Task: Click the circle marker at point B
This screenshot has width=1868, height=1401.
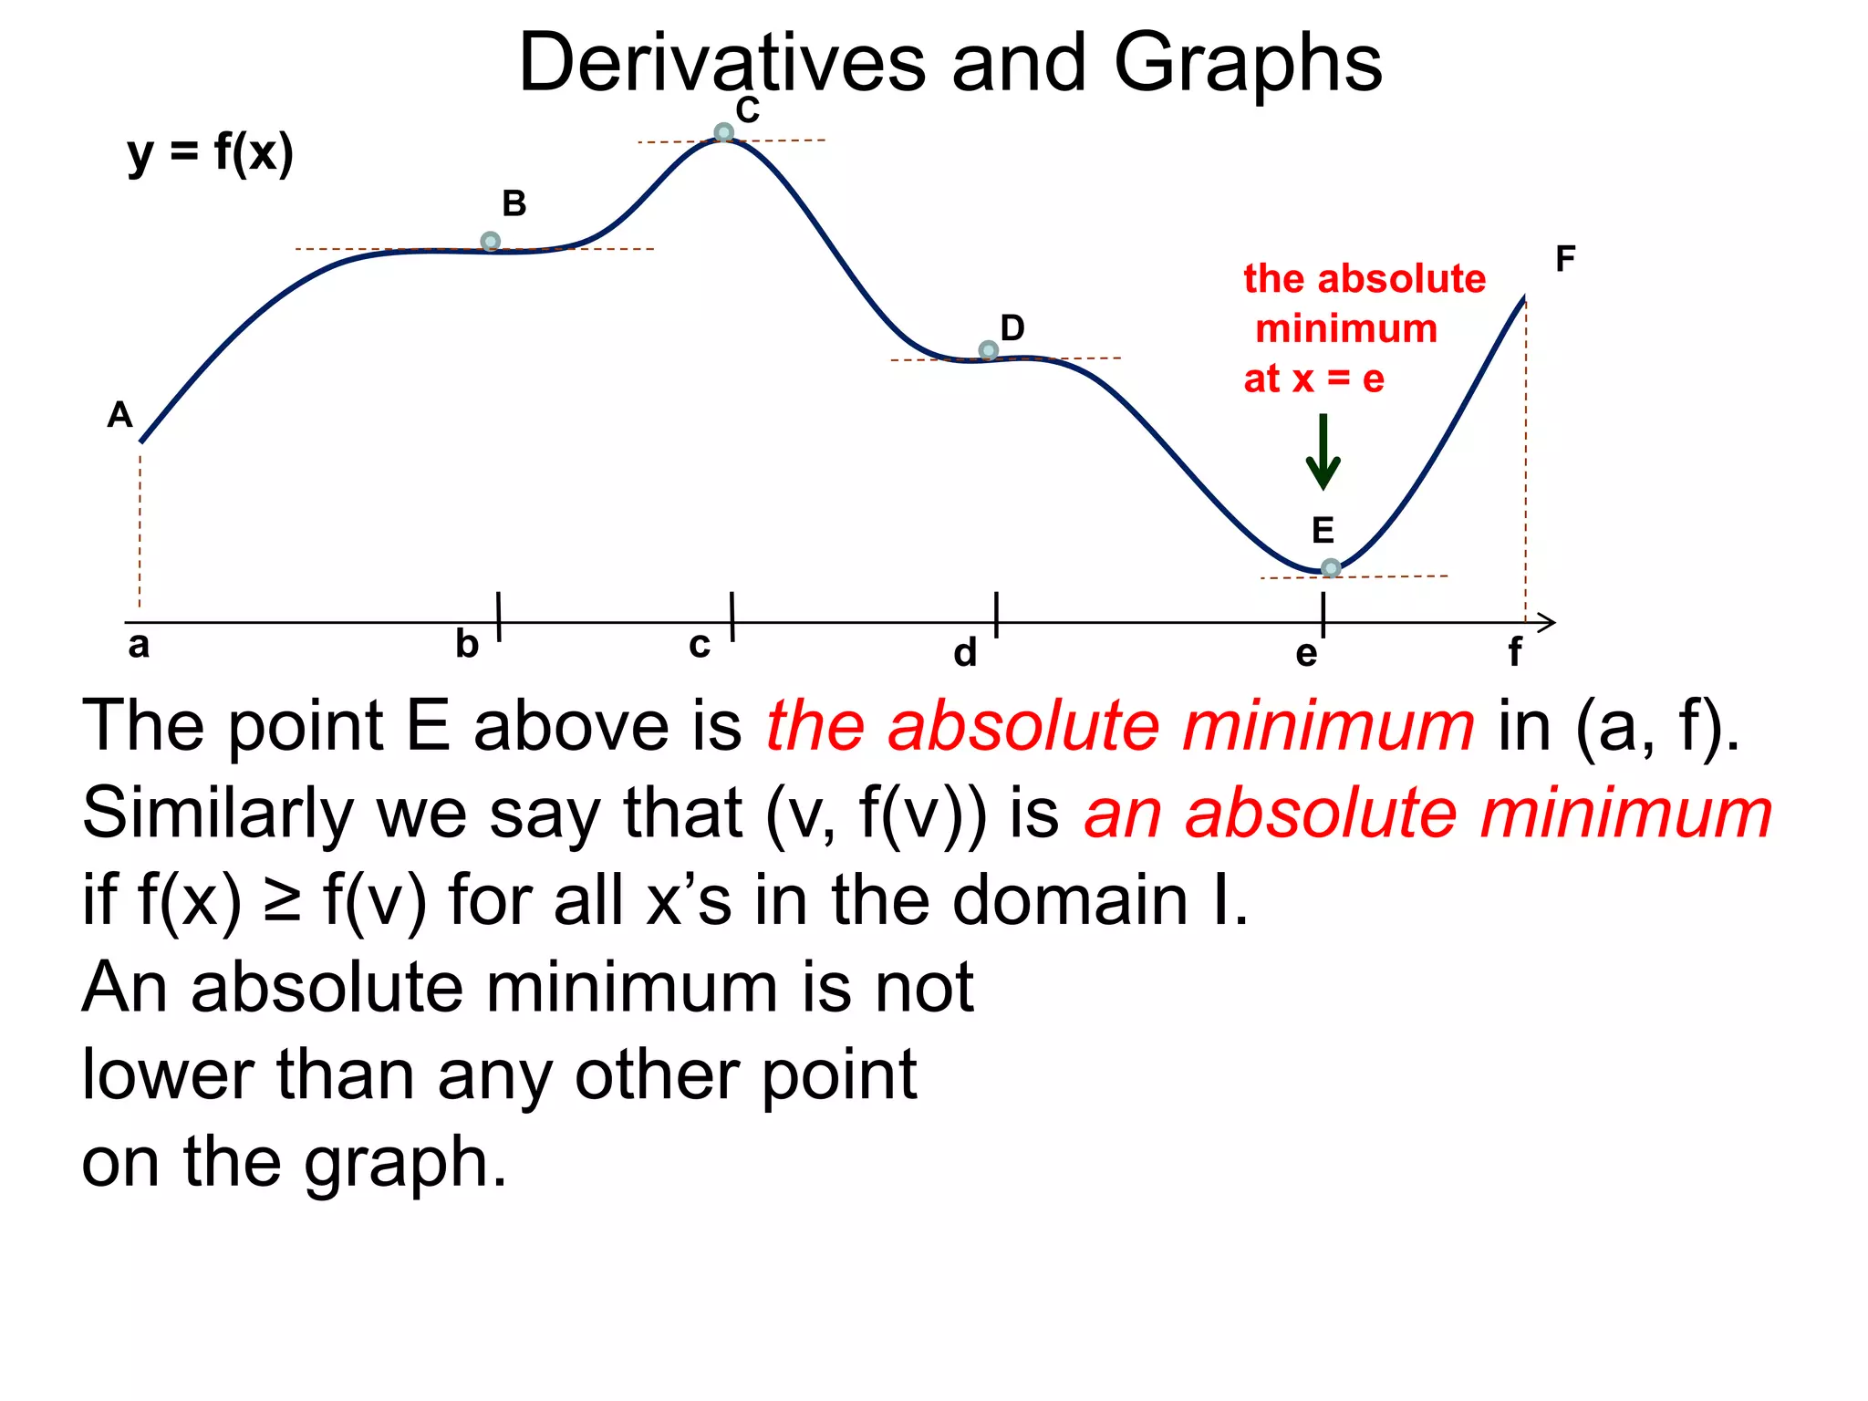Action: pos(490,242)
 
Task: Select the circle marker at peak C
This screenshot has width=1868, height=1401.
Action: pos(723,133)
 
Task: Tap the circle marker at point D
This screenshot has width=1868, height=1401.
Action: pos(988,350)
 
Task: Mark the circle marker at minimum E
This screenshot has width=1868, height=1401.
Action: pos(1331,568)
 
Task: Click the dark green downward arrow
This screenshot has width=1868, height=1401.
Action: pos(1323,452)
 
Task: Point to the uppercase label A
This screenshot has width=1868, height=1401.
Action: pos(119,415)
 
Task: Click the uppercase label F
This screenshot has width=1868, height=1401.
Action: pos(1565,259)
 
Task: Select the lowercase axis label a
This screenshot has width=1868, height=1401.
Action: pos(139,645)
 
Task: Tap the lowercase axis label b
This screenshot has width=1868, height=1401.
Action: pos(467,645)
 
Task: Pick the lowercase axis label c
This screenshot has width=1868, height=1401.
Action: pos(700,645)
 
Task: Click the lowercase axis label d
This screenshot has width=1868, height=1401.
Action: pos(965,653)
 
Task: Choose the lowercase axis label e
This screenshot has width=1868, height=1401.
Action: pos(1306,653)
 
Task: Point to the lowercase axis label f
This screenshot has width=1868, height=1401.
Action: pos(1514,652)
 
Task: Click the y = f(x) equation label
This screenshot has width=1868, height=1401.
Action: pos(210,153)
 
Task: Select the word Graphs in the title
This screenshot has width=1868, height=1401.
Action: pos(1247,64)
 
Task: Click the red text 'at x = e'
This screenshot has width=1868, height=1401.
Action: pos(1313,378)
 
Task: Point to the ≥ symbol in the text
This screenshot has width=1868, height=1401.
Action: pos(282,901)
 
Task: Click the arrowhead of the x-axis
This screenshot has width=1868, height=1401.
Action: pos(1548,623)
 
